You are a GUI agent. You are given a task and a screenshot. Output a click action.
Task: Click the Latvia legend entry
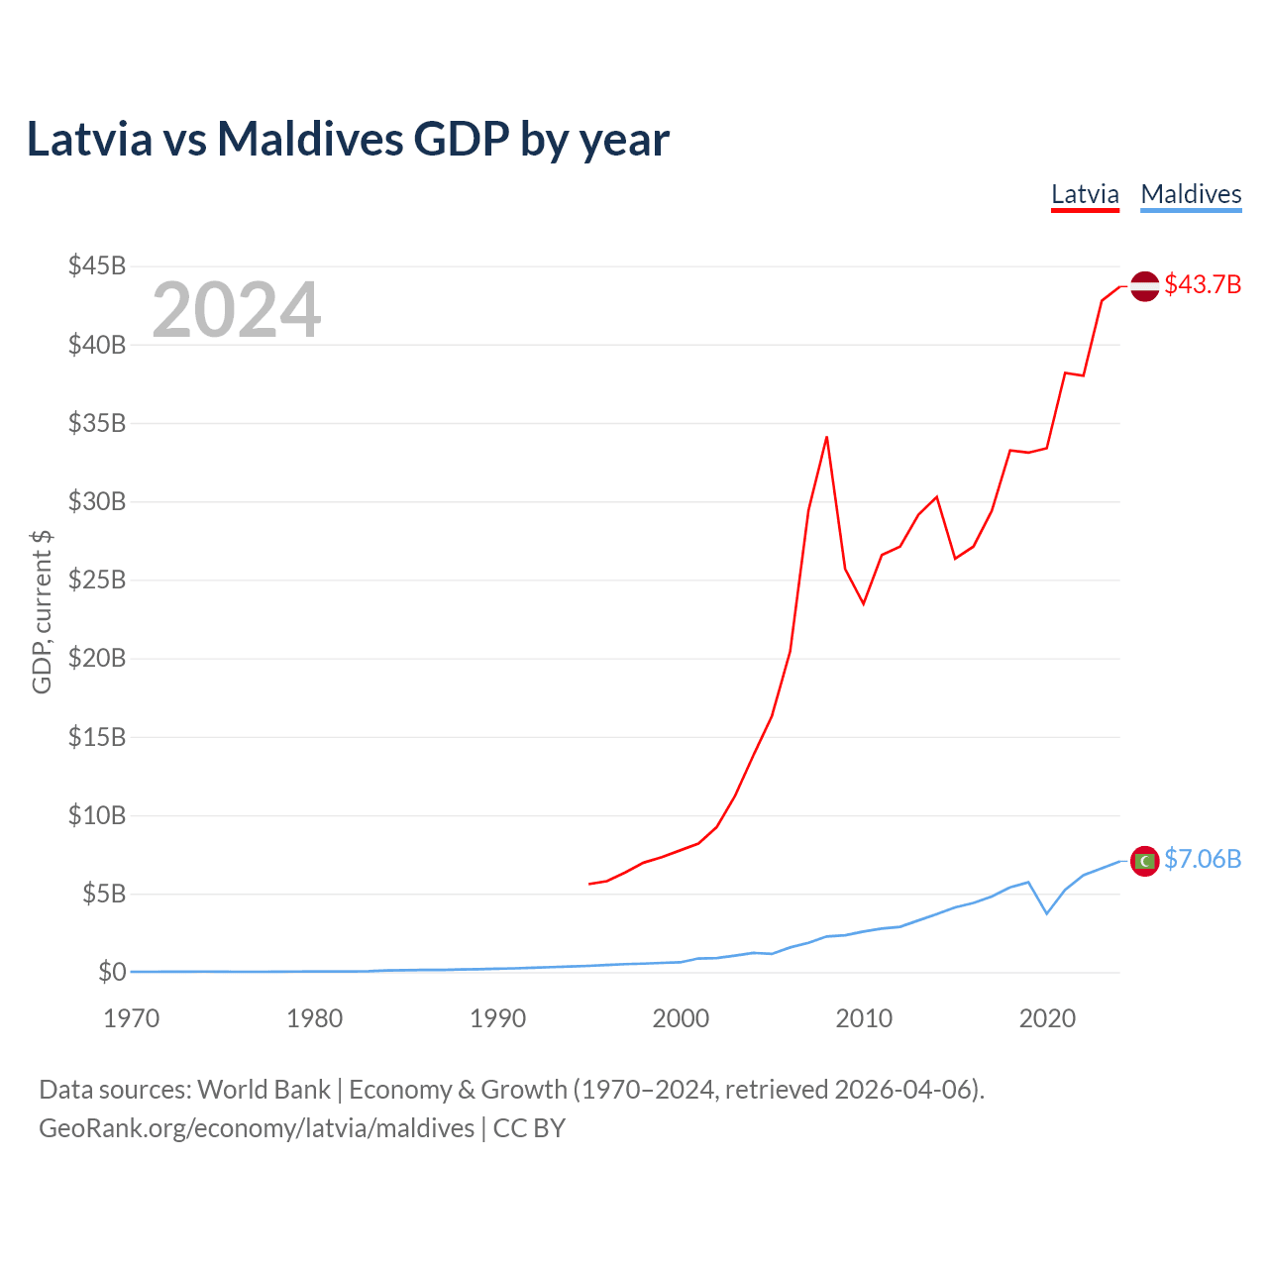point(1085,194)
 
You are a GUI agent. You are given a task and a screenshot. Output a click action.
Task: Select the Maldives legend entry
point(1191,194)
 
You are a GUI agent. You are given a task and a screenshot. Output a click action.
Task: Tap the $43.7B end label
point(1203,284)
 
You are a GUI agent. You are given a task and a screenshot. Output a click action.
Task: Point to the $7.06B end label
point(1203,859)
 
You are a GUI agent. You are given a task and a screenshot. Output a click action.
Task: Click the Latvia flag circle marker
point(1144,285)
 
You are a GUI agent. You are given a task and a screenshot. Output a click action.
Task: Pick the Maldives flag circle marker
point(1144,861)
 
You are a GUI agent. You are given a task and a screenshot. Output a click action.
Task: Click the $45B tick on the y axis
point(97,265)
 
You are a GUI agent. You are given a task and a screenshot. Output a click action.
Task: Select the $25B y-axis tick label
point(97,580)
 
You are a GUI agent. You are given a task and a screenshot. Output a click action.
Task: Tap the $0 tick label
point(112,972)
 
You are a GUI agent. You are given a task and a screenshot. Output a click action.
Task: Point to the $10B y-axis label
point(97,815)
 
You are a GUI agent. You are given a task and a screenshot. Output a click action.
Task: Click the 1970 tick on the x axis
point(132,1018)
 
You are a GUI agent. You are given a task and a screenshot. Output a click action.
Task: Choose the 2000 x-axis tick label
point(681,1018)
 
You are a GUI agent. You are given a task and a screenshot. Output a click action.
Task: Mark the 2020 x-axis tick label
point(1047,1018)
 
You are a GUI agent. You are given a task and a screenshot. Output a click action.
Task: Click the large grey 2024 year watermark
point(237,310)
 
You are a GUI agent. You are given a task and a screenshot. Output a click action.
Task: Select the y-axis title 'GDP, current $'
point(42,611)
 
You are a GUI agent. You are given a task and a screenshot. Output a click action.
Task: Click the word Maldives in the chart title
point(310,139)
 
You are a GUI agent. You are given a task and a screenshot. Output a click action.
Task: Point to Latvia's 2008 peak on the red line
point(826,437)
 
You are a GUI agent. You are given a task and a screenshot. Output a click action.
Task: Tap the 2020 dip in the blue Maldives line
point(1047,913)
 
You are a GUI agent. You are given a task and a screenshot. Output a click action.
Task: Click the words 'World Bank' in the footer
point(264,1090)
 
